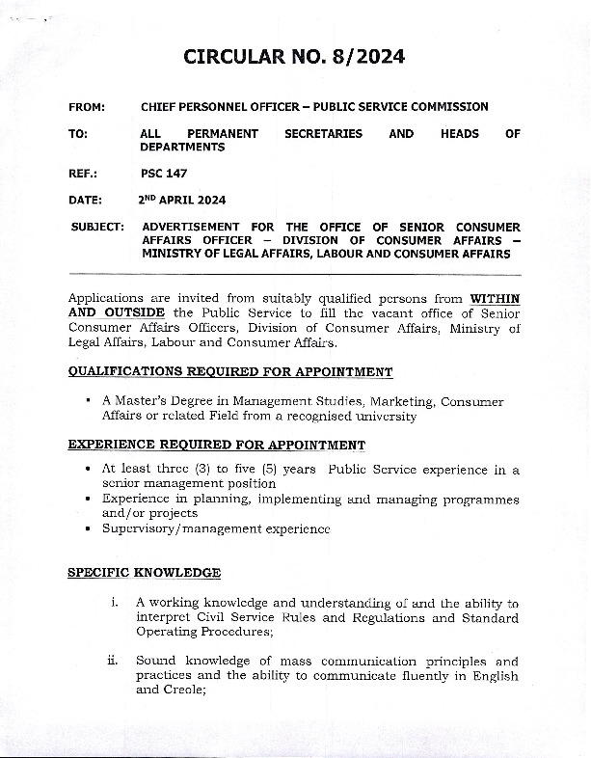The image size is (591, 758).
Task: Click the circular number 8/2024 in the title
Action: [x=363, y=57]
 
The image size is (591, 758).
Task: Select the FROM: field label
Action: [x=88, y=107]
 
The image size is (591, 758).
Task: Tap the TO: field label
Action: [x=78, y=134]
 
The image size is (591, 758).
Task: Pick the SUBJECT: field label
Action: [x=97, y=227]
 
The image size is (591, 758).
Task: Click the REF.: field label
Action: [x=84, y=174]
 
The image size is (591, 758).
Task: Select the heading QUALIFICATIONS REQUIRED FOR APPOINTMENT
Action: [x=229, y=371]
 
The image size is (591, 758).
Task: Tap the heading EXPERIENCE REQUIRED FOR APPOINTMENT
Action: [x=216, y=445]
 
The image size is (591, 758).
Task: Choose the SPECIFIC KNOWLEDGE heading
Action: [x=144, y=573]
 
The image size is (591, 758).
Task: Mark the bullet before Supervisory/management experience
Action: [x=89, y=529]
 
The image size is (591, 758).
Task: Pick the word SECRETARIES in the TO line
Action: [x=323, y=134]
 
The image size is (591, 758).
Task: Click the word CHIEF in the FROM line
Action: [x=159, y=107]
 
